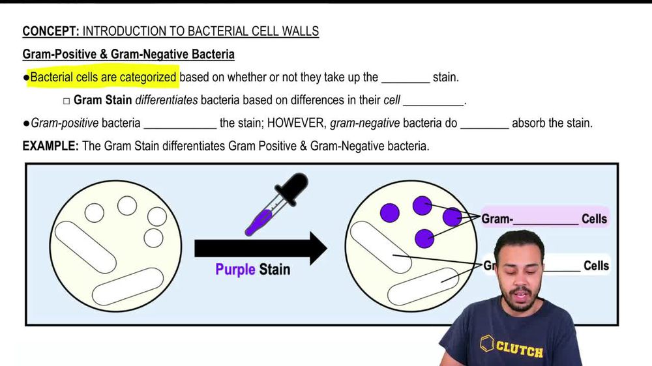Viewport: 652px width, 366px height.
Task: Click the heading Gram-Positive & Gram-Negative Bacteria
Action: click(x=128, y=54)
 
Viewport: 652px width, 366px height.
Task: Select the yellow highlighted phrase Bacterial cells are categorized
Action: click(x=103, y=77)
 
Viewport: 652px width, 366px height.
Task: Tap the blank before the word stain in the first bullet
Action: click(x=405, y=78)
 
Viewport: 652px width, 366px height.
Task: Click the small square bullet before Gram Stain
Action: click(x=66, y=101)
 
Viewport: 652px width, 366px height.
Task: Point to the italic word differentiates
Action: click(x=166, y=100)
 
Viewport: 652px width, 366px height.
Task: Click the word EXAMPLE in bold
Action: click(x=50, y=146)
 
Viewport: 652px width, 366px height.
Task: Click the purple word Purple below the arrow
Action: click(x=235, y=269)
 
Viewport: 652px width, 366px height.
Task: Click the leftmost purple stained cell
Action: click(x=389, y=212)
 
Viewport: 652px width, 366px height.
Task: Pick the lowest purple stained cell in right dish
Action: click(x=424, y=238)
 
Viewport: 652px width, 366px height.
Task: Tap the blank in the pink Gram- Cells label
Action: click(x=546, y=219)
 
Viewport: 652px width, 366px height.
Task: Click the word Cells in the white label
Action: click(x=596, y=266)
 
